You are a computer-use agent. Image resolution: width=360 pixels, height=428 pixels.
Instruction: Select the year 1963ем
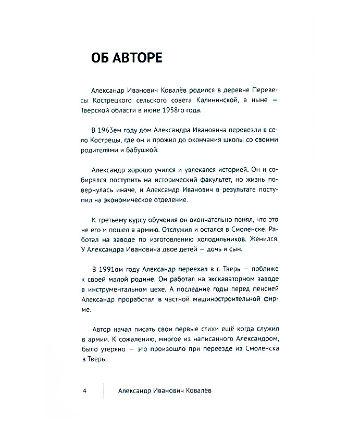click(x=109, y=130)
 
